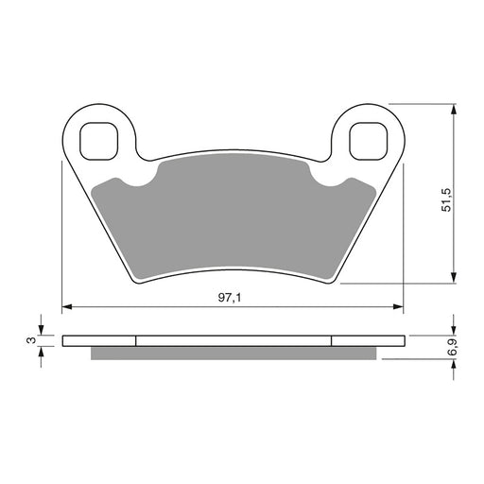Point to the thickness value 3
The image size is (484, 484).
click(30, 339)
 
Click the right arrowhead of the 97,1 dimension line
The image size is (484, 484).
click(399, 306)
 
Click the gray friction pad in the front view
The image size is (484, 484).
click(232, 222)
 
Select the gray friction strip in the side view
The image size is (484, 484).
click(232, 353)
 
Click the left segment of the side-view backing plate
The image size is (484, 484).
click(99, 340)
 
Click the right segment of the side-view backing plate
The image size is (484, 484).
click(367, 340)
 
